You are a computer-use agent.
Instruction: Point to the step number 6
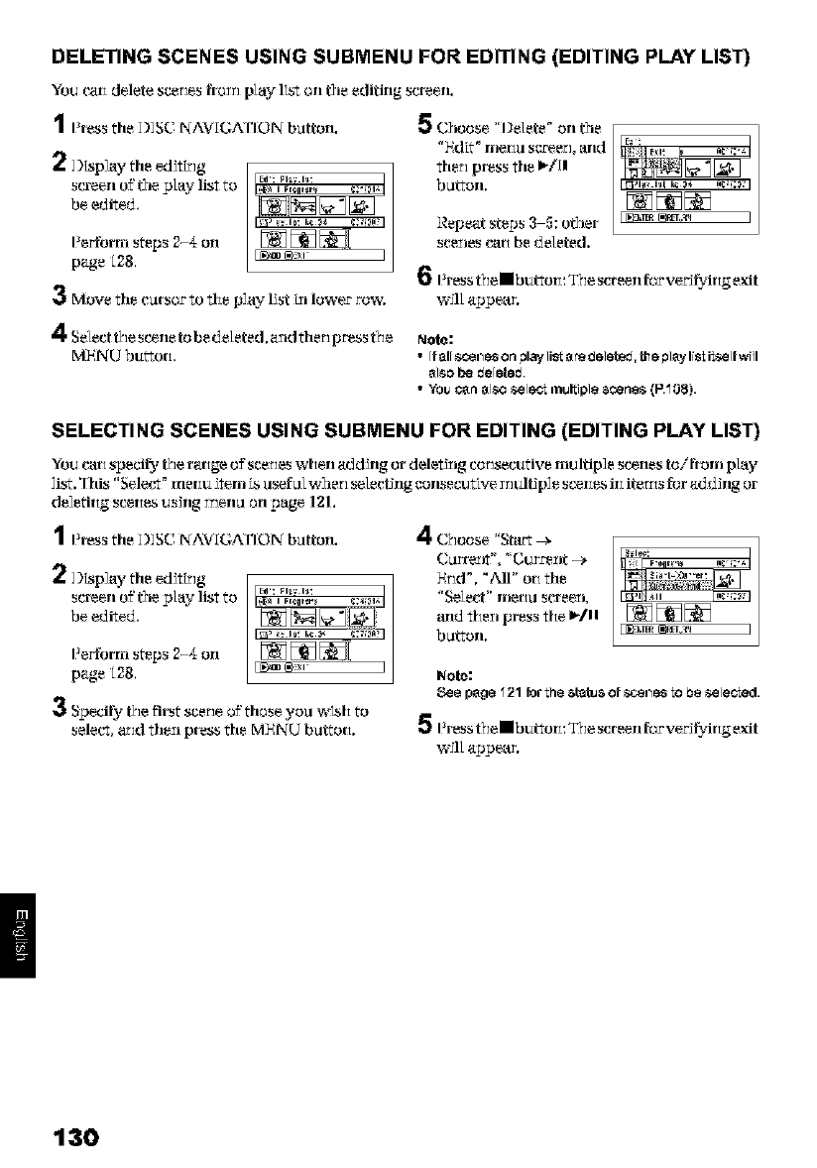coord(422,279)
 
